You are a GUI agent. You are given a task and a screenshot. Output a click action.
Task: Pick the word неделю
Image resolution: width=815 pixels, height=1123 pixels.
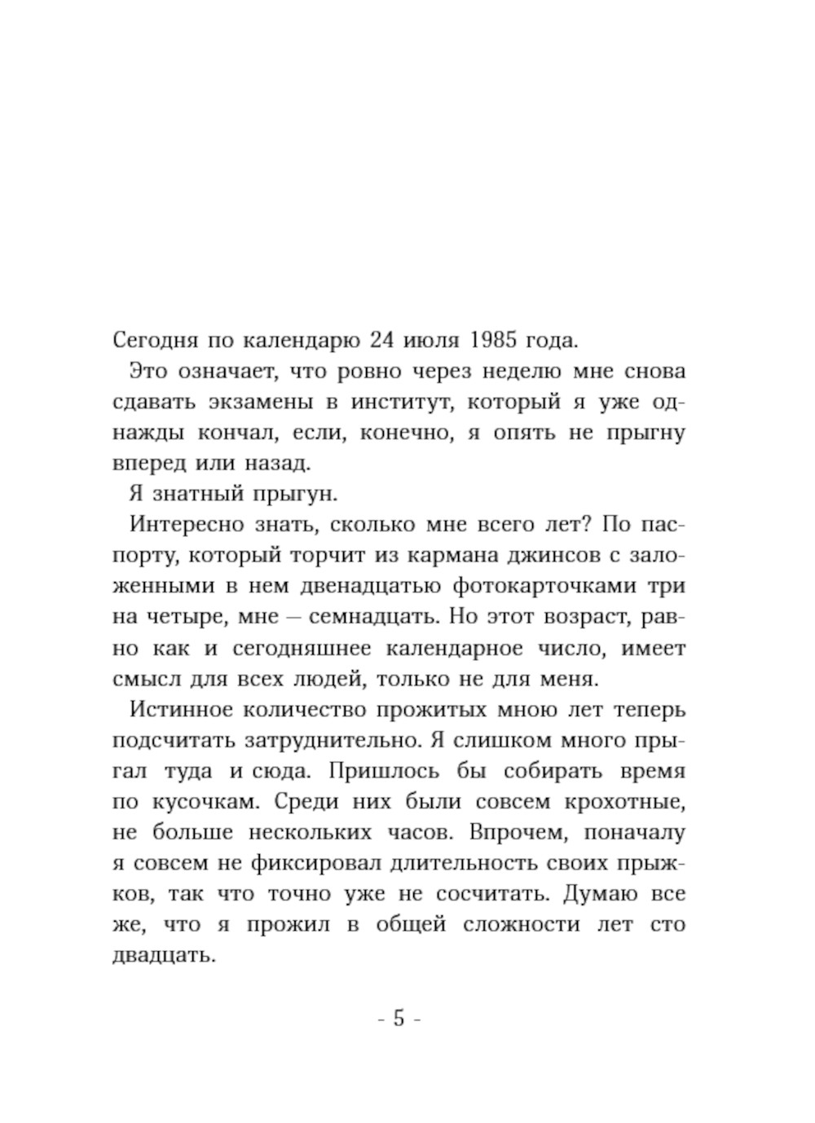coord(521,371)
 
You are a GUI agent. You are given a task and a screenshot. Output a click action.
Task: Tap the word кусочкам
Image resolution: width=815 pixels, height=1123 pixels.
coord(203,801)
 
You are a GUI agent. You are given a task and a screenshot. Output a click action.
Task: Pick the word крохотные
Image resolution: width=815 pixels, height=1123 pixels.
coord(623,801)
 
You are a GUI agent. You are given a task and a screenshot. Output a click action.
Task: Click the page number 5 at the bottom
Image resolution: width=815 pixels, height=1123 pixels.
coord(399,1018)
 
